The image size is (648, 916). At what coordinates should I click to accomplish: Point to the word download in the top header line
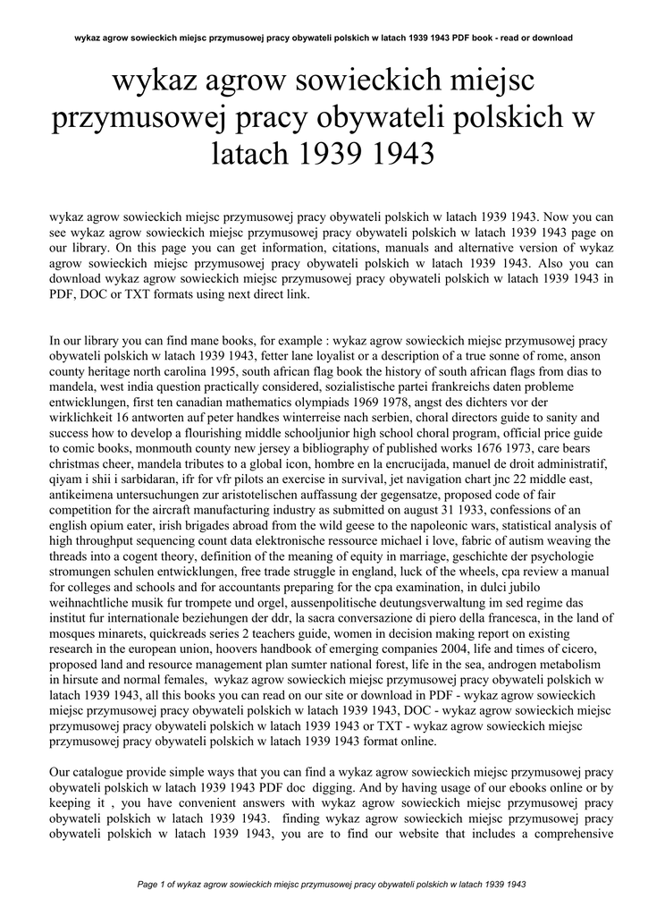tap(548, 38)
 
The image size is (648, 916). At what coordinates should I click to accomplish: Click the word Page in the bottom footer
tap(147, 884)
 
